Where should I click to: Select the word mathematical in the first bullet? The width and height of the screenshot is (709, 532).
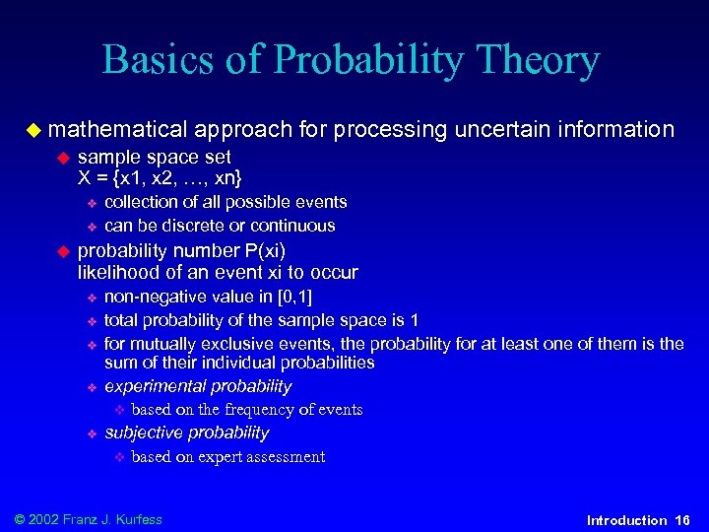pos(117,129)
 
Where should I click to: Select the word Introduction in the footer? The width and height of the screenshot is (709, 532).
pos(626,519)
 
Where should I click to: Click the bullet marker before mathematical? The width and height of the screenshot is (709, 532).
pos(33,129)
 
